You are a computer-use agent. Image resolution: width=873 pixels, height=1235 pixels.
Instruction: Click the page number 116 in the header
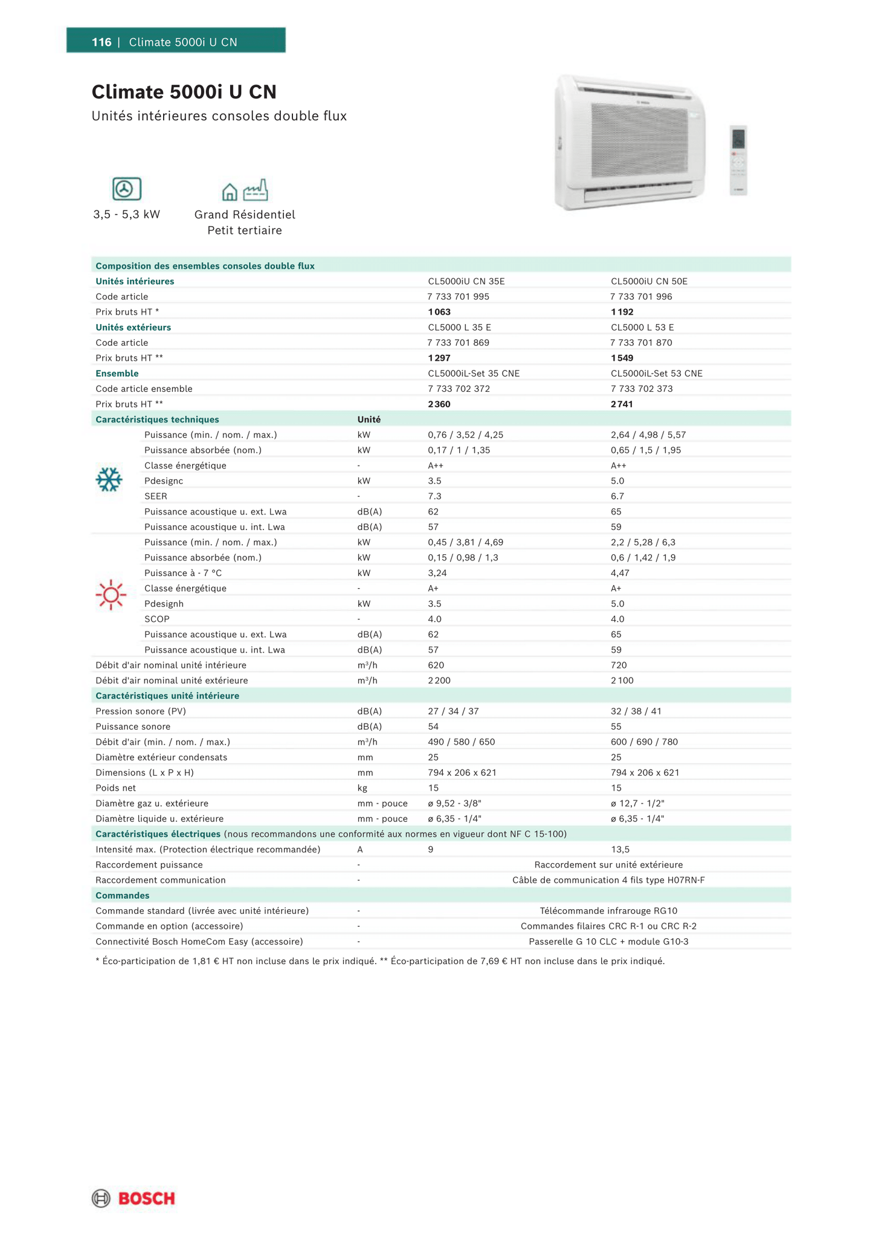coord(101,42)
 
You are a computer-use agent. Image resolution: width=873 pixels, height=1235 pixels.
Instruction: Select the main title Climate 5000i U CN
coord(184,92)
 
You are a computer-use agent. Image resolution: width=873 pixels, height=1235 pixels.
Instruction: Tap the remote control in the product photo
coord(738,160)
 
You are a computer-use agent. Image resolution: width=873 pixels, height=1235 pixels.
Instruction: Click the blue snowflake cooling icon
coord(109,479)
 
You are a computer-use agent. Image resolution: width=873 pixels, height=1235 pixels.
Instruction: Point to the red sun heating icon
coord(111,595)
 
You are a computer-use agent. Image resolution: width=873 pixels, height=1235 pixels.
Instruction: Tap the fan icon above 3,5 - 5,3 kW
coord(127,189)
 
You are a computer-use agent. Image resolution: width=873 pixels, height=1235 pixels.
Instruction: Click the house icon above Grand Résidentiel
coord(230,192)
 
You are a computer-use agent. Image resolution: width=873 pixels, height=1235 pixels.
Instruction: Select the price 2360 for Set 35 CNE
coord(439,404)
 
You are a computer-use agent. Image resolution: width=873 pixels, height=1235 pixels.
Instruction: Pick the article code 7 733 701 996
coord(641,297)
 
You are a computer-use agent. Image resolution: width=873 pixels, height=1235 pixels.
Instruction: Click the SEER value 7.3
coord(434,496)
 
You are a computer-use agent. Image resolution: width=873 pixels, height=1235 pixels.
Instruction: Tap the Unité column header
coord(369,420)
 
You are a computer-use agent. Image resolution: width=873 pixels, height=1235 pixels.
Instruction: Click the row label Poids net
coord(115,788)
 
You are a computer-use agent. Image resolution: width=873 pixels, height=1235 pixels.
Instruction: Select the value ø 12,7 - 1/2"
coord(637,803)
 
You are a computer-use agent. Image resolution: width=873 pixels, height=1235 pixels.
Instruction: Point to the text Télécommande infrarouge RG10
coord(608,911)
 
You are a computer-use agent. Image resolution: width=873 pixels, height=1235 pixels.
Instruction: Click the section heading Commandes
coord(122,896)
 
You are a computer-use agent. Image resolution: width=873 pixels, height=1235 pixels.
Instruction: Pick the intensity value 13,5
coord(620,850)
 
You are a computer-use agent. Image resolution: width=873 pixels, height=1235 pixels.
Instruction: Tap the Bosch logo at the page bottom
coord(134,1199)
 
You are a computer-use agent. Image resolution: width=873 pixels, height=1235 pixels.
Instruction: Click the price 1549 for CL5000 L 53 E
coord(622,358)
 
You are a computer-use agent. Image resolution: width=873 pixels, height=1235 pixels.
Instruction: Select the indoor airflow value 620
coord(436,666)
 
